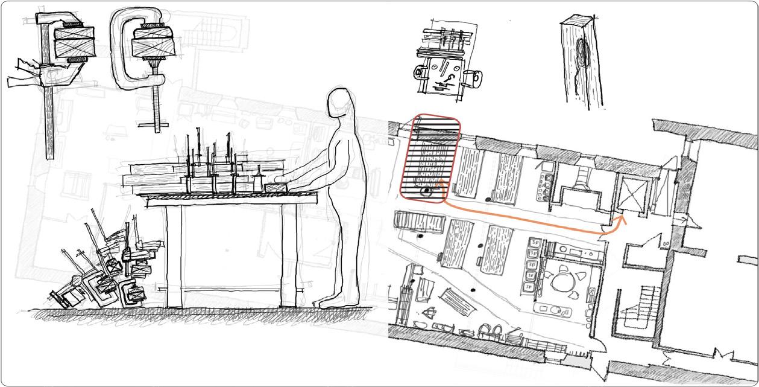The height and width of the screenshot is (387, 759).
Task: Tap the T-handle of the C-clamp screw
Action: pyautogui.click(x=157, y=126)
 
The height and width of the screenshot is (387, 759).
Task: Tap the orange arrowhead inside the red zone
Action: pyautogui.click(x=439, y=182)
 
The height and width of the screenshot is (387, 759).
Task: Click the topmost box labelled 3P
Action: pyautogui.click(x=534, y=243)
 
